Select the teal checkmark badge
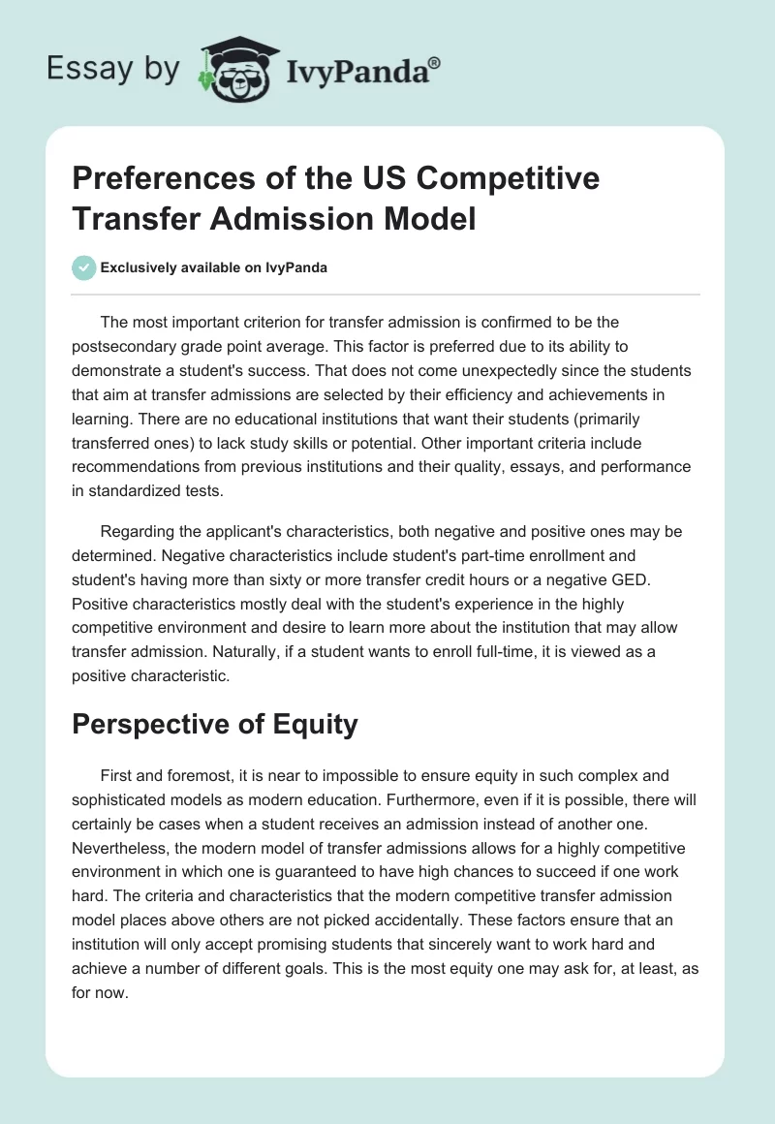[83, 267]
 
